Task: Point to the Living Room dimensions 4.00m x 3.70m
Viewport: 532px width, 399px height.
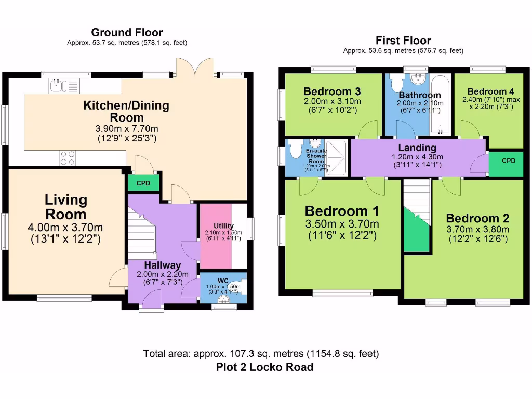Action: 65,228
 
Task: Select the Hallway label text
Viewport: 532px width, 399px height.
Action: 163,265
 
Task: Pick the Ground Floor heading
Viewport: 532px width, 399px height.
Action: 127,33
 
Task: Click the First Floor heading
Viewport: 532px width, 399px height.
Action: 403,41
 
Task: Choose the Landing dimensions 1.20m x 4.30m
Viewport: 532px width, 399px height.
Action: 417,157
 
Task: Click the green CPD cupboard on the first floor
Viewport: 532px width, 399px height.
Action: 508,161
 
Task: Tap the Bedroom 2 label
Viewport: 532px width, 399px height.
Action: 477,218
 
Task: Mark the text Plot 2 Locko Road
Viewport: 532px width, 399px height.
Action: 264,367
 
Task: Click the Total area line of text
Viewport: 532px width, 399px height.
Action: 261,354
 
